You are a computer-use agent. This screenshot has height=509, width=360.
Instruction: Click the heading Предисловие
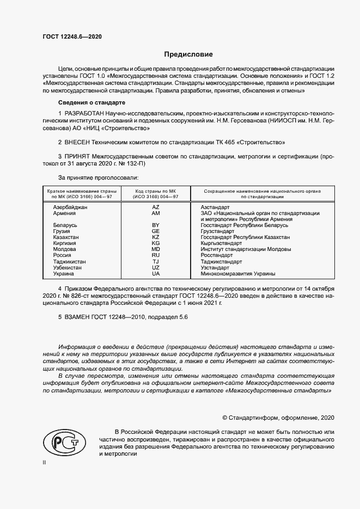pyautogui.click(x=188, y=54)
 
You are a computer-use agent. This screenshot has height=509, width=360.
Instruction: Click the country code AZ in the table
pyautogui.click(x=155, y=207)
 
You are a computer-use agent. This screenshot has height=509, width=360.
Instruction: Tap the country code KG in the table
pyautogui.click(x=155, y=243)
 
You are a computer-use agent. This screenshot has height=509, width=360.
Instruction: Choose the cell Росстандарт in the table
pyautogui.click(x=217, y=255)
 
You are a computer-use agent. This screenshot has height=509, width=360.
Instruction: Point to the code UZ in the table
pyautogui.click(x=155, y=267)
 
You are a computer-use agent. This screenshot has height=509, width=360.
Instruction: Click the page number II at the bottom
pyautogui.click(x=45, y=462)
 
